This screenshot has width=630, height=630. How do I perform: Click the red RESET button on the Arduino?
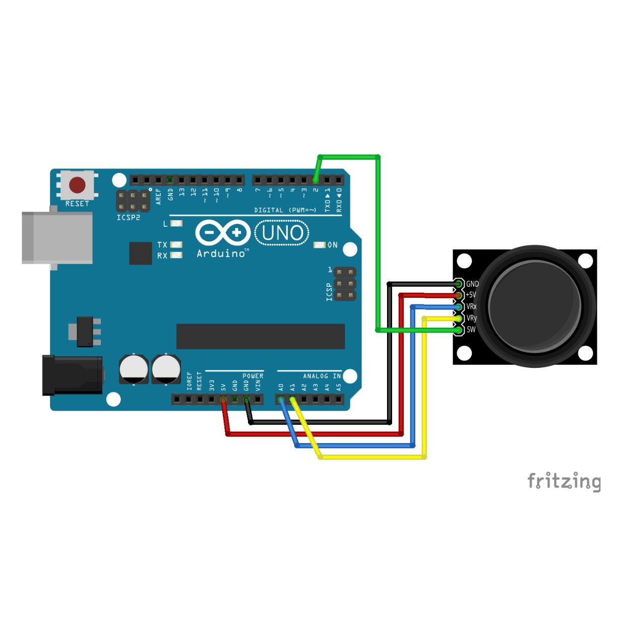[x=78, y=185]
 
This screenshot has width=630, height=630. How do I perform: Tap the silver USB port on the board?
[x=57, y=238]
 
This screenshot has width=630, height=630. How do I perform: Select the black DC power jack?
[x=73, y=375]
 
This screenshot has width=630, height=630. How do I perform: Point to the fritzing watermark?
[x=564, y=481]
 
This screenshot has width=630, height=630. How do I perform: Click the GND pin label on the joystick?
[x=472, y=284]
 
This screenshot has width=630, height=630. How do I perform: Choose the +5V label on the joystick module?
[x=471, y=295]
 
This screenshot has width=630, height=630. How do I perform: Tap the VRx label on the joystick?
[x=471, y=306]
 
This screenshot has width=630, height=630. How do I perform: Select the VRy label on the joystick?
[x=471, y=318]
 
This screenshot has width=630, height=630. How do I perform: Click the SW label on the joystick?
[x=471, y=330]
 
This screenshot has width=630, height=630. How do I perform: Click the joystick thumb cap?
[x=534, y=306]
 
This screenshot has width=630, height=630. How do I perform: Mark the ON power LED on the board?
[x=320, y=245]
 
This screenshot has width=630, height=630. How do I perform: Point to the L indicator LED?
[x=176, y=224]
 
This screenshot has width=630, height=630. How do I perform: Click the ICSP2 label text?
[x=129, y=217]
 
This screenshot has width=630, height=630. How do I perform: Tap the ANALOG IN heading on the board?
[x=322, y=376]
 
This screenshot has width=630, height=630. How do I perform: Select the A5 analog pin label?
[x=339, y=388]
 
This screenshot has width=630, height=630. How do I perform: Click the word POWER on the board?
[x=253, y=376]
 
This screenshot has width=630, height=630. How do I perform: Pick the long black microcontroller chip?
[x=261, y=336]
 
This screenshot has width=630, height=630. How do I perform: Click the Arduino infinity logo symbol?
[x=223, y=233]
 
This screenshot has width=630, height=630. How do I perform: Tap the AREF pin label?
[x=159, y=197]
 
